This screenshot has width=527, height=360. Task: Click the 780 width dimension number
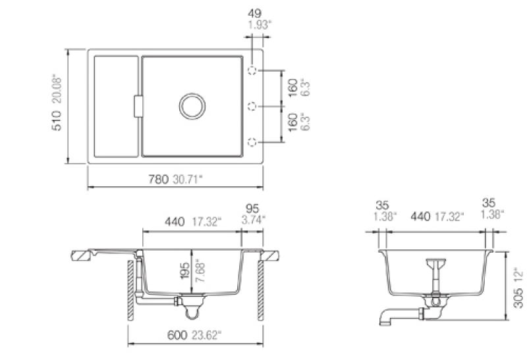[x=158, y=179]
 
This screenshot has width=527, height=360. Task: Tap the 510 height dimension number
[x=57, y=120]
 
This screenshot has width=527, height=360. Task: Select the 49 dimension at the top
[x=254, y=13]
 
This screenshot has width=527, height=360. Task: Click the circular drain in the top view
[x=192, y=106]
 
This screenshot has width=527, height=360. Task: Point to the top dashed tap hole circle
[x=252, y=70]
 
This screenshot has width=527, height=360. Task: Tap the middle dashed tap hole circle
[x=252, y=107]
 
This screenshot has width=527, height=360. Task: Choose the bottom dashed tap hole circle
[x=252, y=142]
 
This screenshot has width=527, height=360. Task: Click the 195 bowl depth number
[x=184, y=270]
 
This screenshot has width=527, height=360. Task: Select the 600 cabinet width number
[x=177, y=335]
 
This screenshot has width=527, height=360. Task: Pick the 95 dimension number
[x=252, y=209]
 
